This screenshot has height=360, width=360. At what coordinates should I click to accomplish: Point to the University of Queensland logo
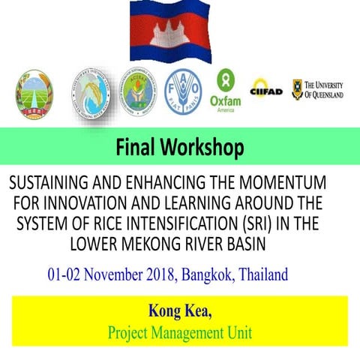(x=317, y=89)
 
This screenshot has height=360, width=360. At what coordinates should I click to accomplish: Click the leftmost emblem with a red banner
(x=34, y=94)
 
